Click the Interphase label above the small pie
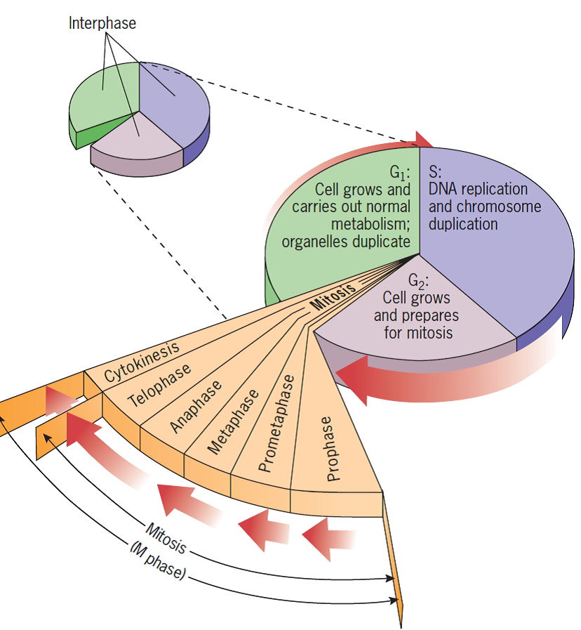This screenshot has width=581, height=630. point(102,23)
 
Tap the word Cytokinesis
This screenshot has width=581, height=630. point(142,360)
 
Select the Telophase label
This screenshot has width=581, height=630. point(160,386)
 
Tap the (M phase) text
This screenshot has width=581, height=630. point(158,562)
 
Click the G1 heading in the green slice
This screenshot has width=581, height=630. point(400,172)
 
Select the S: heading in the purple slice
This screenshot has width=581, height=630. point(435,172)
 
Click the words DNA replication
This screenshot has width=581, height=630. point(477,190)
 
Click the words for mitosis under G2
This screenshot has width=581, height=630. point(418,332)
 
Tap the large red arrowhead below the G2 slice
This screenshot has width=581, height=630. point(358,379)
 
